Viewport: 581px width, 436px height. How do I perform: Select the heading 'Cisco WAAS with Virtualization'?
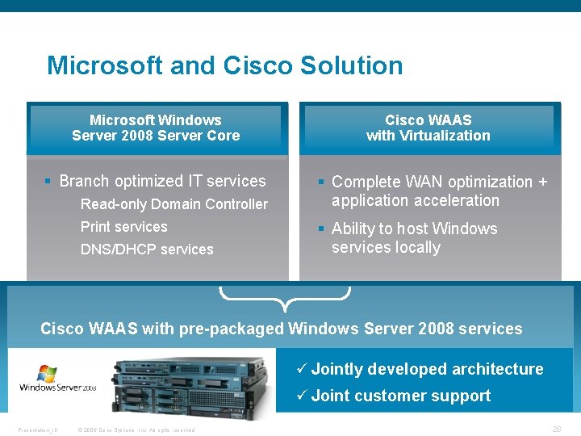click(x=428, y=128)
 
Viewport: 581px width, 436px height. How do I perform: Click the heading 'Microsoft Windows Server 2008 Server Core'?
click(x=156, y=128)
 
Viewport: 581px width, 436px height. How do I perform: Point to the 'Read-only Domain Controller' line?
click(x=173, y=204)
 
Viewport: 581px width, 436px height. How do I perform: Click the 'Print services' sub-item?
click(x=123, y=227)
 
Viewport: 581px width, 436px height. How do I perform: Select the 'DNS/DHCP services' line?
click(x=147, y=249)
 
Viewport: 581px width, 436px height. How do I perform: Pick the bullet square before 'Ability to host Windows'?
click(x=321, y=229)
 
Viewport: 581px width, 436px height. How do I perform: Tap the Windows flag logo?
click(x=47, y=373)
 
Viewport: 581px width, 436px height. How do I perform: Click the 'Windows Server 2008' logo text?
click(x=58, y=388)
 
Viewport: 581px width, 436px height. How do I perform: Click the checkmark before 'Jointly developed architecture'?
click(x=300, y=369)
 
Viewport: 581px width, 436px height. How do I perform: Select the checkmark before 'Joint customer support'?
click(x=300, y=396)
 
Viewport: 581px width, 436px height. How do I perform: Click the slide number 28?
click(x=556, y=430)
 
